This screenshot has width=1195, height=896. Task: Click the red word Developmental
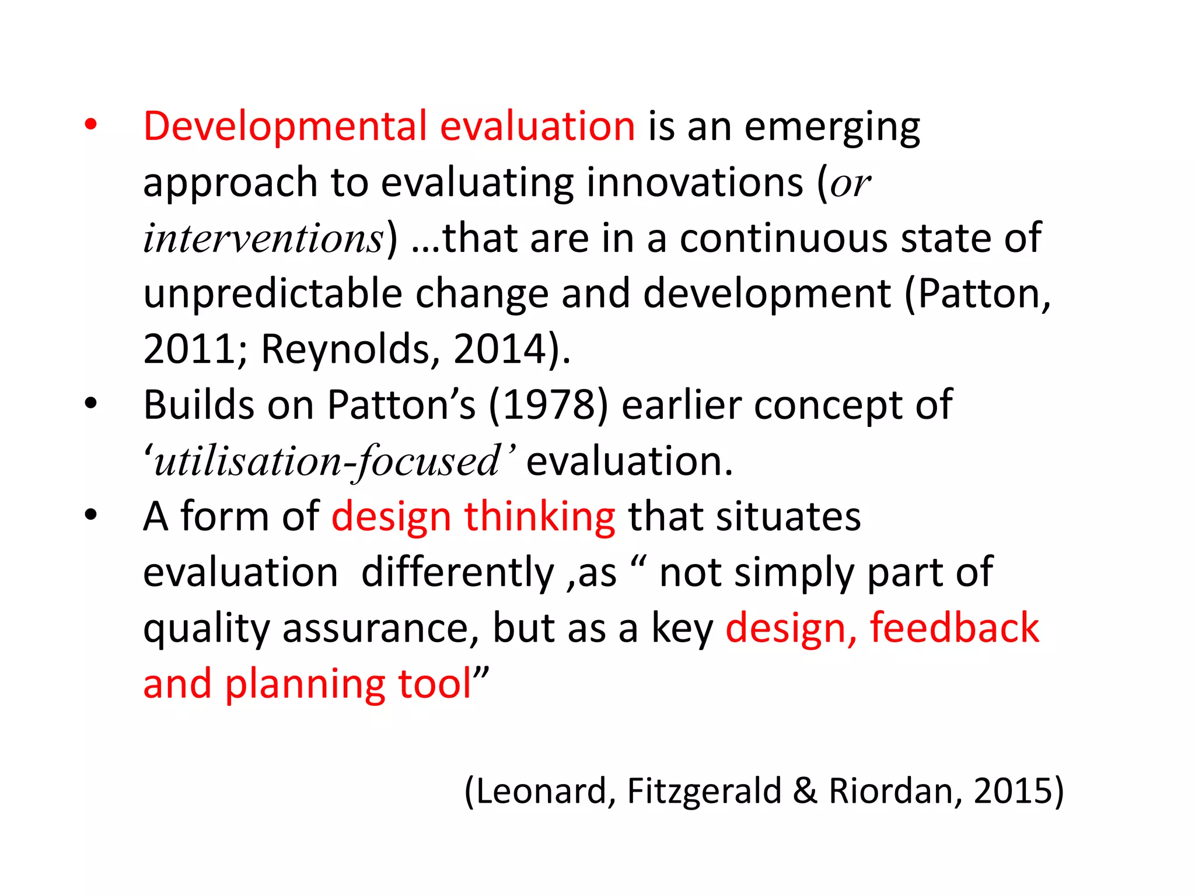pos(285,127)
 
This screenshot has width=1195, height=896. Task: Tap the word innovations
pos(695,183)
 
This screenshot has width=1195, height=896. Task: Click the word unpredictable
pos(272,293)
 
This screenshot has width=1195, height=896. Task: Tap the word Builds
pos(198,405)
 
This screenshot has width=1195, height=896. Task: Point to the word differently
pos(457,573)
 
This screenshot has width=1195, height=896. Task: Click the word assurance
pos(380,629)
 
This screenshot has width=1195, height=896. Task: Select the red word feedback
pos(954,628)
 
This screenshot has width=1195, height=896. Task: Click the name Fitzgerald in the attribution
pos(704,792)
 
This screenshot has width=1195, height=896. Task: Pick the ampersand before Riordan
pos(805,792)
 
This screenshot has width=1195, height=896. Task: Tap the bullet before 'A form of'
pos(90,515)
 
